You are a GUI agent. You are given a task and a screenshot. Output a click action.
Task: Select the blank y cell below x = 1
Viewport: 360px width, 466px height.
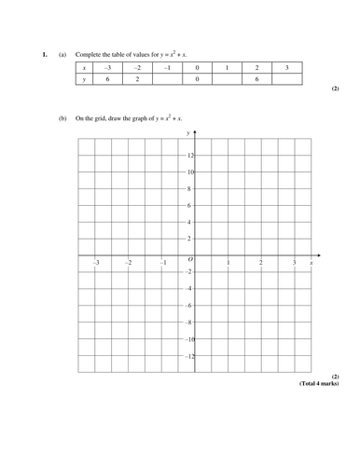[x=227, y=81]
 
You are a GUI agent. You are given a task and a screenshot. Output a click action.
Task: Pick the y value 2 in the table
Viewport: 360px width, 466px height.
[x=135, y=81]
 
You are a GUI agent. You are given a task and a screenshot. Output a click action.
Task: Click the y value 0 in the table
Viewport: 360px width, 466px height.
[x=196, y=81]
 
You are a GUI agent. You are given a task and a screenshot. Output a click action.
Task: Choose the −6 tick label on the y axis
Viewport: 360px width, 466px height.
[x=188, y=306]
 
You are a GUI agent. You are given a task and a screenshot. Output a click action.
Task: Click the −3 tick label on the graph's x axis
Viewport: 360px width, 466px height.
[x=96, y=264]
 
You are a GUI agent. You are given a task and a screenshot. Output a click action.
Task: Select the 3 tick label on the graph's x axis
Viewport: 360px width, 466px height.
[x=295, y=264]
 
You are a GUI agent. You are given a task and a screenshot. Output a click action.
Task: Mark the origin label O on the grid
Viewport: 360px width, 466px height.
[x=190, y=261]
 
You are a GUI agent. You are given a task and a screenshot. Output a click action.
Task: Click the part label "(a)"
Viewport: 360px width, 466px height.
[x=62, y=55]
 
